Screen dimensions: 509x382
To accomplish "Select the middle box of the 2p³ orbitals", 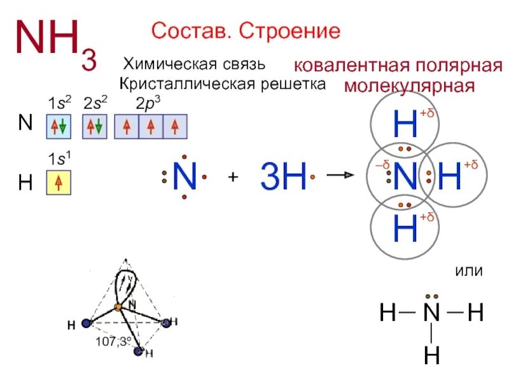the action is [150, 127].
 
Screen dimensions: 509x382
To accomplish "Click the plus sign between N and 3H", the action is [233, 178].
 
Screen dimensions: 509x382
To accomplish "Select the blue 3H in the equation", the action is [283, 176].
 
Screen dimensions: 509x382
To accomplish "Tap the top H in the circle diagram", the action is [406, 124].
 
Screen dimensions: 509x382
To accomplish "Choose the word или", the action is [468, 271].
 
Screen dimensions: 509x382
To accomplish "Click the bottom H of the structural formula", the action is [432, 354].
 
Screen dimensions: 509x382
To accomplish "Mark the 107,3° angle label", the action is [113, 342].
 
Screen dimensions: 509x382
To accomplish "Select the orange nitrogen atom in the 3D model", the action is [118, 308].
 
